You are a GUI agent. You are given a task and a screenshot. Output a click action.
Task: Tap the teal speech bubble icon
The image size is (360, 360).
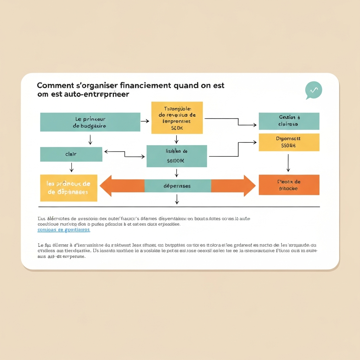click(313, 90)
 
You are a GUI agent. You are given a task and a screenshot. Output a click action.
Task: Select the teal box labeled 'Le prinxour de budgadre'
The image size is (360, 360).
click(90, 122)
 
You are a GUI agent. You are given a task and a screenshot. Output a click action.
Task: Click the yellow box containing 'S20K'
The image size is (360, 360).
click(177, 118)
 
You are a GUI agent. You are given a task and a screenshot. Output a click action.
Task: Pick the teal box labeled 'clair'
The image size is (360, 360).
click(71, 154)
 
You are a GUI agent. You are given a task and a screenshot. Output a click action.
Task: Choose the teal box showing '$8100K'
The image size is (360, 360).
click(176, 156)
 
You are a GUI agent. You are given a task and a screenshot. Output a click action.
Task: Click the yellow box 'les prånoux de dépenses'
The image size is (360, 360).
click(69, 188)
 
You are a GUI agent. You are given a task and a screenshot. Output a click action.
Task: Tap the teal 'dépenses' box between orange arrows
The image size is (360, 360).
click(178, 186)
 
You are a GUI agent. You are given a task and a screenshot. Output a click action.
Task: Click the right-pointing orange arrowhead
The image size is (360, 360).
click(249, 186)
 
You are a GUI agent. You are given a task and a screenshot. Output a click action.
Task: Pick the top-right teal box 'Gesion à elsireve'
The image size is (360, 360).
click(289, 121)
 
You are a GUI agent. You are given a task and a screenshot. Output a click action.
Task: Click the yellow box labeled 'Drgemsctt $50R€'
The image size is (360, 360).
click(289, 142)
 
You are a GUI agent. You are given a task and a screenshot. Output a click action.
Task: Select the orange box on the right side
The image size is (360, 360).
click(289, 185)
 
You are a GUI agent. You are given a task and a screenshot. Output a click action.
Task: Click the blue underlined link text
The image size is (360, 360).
click(64, 230)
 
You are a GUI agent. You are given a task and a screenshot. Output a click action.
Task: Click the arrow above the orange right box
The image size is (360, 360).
click(288, 163)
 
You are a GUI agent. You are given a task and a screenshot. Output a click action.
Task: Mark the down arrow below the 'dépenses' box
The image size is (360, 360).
click(177, 199)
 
